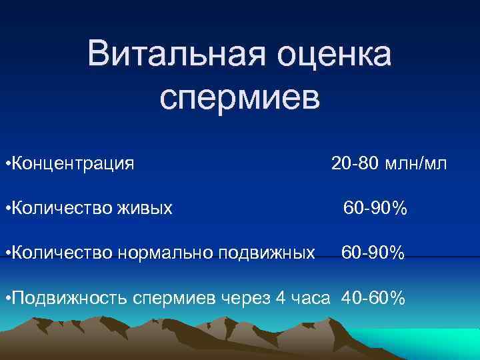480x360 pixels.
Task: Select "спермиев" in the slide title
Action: [x=240, y=97]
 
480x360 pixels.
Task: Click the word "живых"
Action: [x=145, y=209]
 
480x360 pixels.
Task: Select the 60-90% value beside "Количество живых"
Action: [x=375, y=209]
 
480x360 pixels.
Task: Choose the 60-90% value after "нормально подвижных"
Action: [x=373, y=253]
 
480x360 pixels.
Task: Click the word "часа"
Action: [x=310, y=298]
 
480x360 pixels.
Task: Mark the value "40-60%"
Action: [x=373, y=298]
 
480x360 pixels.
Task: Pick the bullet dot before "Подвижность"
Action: [x=6, y=299]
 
